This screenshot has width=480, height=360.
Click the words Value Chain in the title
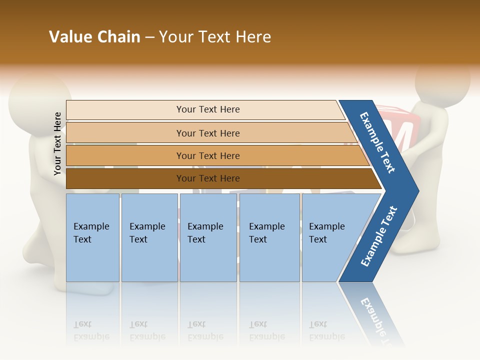(x=94, y=37)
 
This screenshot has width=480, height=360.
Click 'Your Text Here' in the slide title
(x=215, y=37)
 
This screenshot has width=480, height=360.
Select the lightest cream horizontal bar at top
(x=207, y=109)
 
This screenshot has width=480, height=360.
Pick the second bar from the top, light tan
(x=207, y=133)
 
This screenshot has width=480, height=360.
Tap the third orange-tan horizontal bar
(x=207, y=155)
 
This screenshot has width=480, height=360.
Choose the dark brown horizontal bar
(x=207, y=178)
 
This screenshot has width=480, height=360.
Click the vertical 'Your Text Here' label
(x=57, y=143)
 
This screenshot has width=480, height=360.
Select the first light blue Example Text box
(x=92, y=237)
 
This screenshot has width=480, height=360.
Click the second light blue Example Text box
(x=149, y=237)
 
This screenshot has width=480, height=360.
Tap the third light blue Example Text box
(x=207, y=237)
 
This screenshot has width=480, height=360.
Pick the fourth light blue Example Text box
(x=269, y=237)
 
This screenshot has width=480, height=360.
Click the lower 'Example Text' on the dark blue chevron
(x=379, y=236)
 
